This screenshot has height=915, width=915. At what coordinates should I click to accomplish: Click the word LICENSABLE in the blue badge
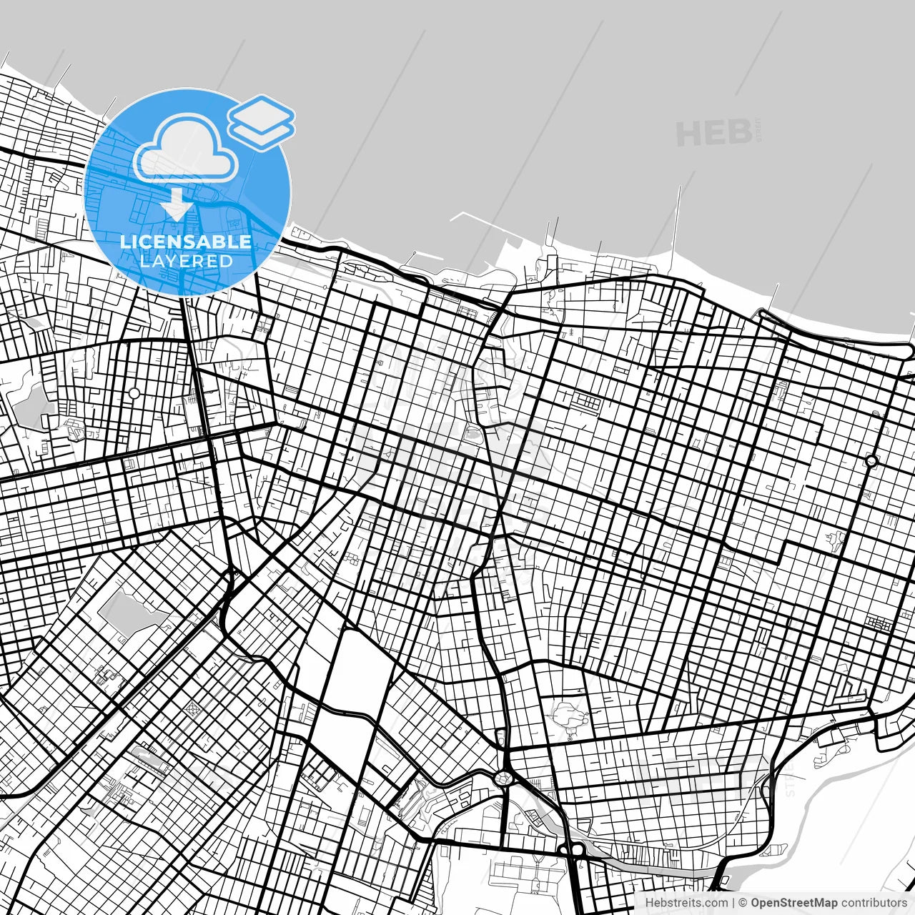tap(186, 242)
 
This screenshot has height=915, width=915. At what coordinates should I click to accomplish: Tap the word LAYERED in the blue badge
tap(186, 261)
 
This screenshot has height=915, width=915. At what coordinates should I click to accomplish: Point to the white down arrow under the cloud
tap(176, 204)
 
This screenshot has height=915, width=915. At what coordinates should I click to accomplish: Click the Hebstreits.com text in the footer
tap(686, 903)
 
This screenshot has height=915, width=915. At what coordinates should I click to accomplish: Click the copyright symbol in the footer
tap(743, 903)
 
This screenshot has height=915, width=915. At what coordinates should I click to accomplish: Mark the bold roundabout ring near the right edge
tap(871, 461)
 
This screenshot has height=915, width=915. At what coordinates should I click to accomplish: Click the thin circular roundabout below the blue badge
tap(134, 393)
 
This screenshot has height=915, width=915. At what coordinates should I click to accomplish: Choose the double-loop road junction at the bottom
tap(572, 849)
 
